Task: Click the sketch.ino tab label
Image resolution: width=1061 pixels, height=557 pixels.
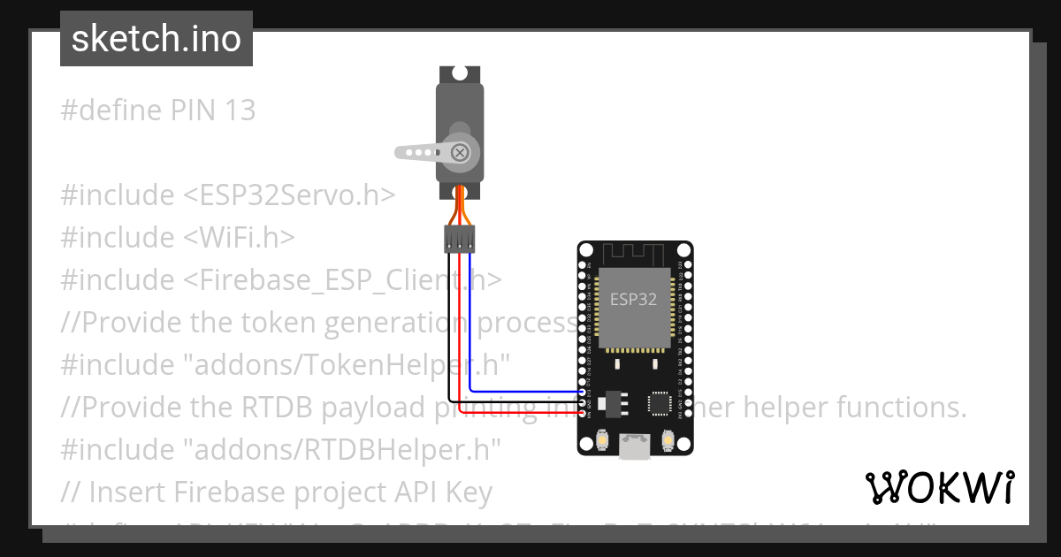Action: tap(156, 39)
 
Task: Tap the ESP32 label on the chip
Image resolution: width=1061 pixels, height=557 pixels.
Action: tap(633, 299)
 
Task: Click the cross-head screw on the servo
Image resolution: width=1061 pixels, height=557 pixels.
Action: tap(460, 152)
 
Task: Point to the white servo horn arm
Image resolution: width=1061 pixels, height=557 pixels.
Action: tap(421, 152)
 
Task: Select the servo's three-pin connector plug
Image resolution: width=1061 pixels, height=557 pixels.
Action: tap(459, 237)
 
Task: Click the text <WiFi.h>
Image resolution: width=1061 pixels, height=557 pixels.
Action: tap(239, 238)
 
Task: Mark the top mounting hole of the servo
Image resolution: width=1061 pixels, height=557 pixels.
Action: tap(460, 73)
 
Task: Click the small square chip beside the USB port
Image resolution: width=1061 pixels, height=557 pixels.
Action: tap(660, 403)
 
